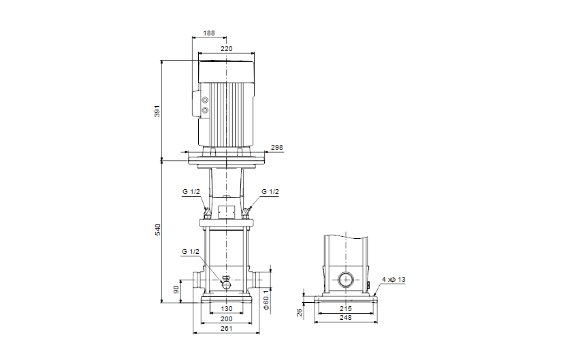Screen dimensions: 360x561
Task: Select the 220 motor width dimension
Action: click(x=225, y=48)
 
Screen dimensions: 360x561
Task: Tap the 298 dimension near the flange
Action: click(x=276, y=148)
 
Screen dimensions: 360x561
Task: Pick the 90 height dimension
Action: click(x=177, y=290)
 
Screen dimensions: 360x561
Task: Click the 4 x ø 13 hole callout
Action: click(x=393, y=280)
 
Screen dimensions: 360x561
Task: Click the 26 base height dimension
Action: click(x=299, y=312)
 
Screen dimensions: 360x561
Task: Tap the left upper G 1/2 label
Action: click(x=191, y=193)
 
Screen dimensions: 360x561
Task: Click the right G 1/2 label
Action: click(x=270, y=193)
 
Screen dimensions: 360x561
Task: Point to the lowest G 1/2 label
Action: click(x=191, y=252)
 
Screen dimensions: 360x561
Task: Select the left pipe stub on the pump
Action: click(x=198, y=279)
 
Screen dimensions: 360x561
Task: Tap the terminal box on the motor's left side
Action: click(x=202, y=105)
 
